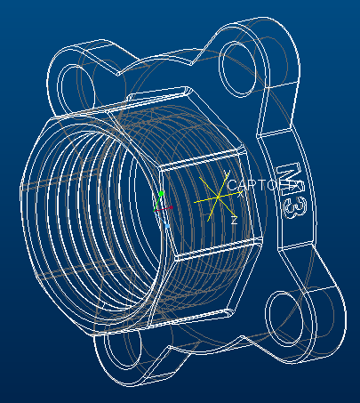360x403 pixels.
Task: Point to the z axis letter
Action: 233,220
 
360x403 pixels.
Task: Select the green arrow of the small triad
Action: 161,193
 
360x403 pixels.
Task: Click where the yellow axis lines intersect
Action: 219,198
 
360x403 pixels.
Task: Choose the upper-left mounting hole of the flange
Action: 72,85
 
